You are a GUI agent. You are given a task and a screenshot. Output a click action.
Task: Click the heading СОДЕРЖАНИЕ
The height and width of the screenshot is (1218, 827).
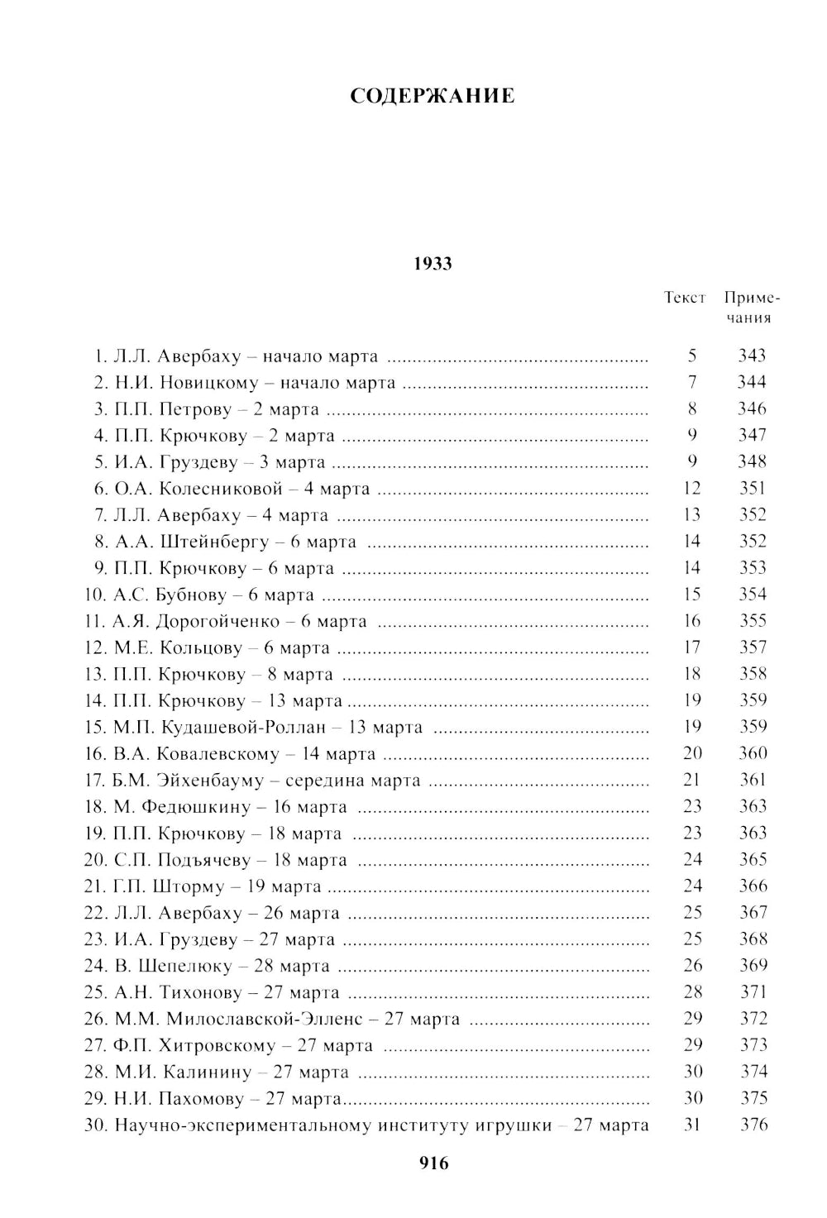coord(432,96)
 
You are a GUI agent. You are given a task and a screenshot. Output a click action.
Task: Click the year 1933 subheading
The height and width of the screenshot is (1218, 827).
coord(433,264)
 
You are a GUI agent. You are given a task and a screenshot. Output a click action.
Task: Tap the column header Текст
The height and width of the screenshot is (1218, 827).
coord(685,298)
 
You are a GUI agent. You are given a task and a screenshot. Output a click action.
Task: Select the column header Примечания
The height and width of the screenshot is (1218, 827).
coord(752,308)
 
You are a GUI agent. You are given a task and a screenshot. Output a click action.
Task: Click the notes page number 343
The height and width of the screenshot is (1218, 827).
coord(752,356)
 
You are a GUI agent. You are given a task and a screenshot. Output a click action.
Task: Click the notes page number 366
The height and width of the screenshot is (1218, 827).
coord(753,886)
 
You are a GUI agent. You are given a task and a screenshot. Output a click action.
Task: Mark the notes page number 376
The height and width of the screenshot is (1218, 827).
coord(753,1125)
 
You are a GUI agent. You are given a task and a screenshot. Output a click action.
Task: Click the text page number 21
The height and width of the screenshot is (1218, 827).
coord(691,780)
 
